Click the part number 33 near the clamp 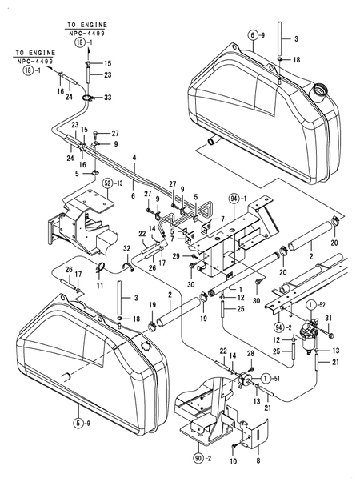[x=109, y=98]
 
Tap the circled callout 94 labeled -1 [x=234, y=197]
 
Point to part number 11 [x=100, y=285]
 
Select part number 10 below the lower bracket [x=233, y=462]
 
